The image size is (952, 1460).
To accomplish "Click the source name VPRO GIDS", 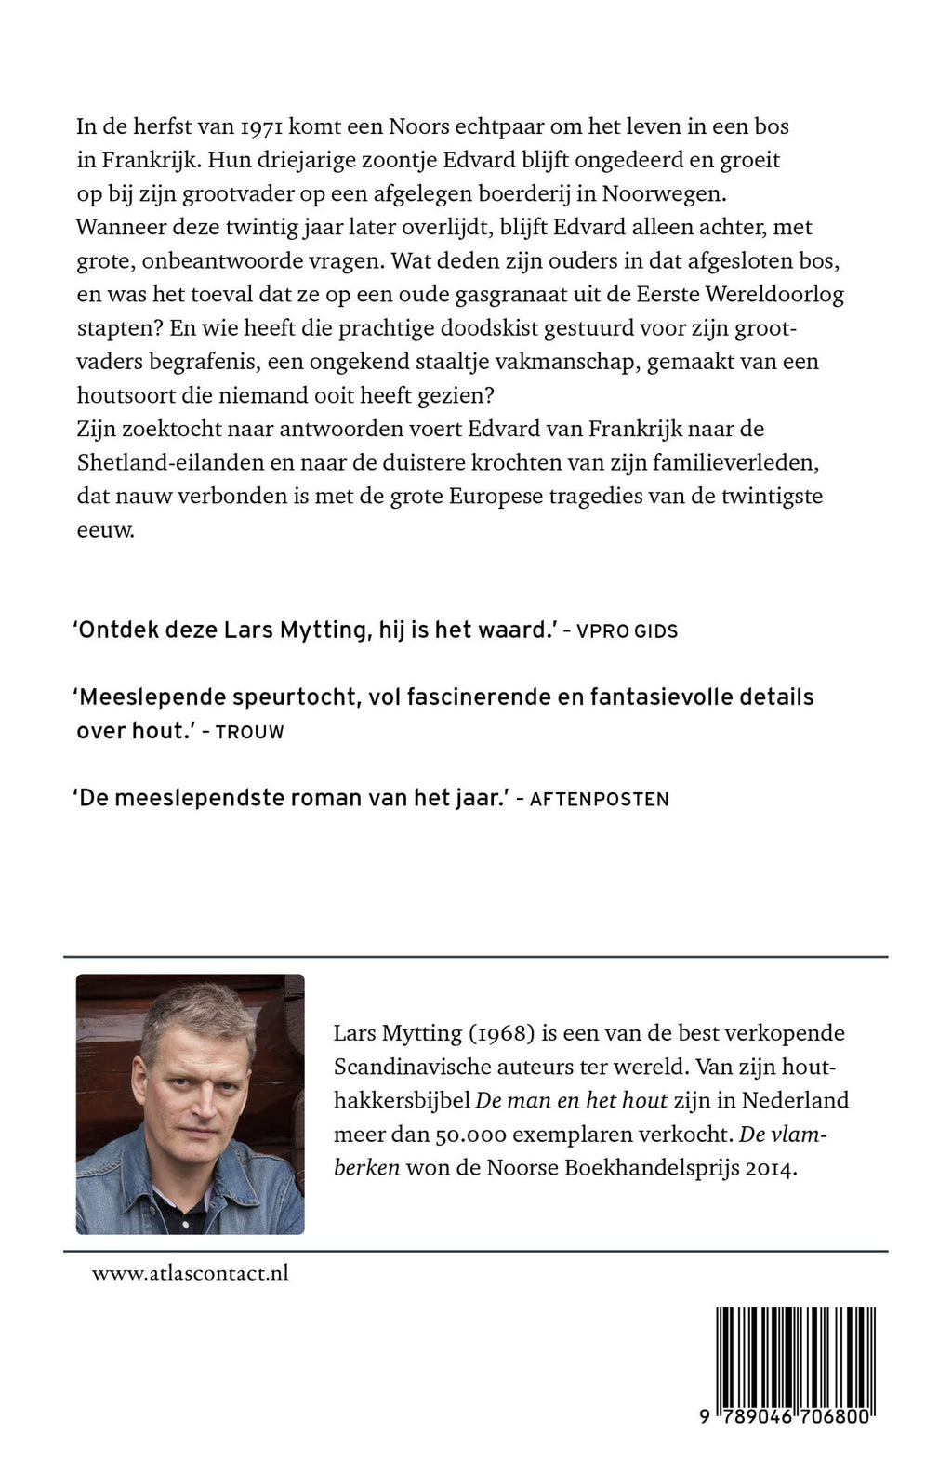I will [x=627, y=631].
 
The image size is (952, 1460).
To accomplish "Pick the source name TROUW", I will [x=249, y=732].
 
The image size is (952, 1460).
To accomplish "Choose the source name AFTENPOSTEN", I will [x=599, y=799].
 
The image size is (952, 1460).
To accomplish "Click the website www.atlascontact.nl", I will [x=190, y=1273].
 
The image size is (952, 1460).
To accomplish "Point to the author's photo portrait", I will [x=190, y=1104].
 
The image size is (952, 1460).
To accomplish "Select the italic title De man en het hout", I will [x=572, y=1101].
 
